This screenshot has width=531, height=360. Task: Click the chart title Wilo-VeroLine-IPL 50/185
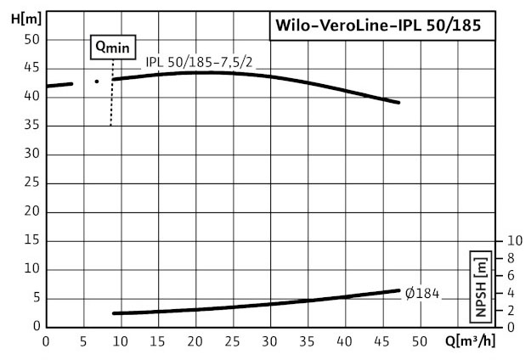pyautogui.click(x=378, y=25)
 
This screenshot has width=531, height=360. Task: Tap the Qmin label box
pyautogui.click(x=113, y=47)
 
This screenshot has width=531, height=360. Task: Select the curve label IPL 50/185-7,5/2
pyautogui.click(x=199, y=62)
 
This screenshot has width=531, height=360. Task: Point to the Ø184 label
pyautogui.click(x=422, y=293)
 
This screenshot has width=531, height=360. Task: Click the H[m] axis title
pyautogui.click(x=26, y=19)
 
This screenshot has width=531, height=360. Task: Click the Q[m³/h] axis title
pyautogui.click(x=470, y=341)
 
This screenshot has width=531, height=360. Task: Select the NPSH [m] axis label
pyautogui.click(x=481, y=287)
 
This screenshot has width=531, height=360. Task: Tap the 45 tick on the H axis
pyautogui.click(x=32, y=68)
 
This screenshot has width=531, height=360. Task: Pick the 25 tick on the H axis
pyautogui.click(x=32, y=183)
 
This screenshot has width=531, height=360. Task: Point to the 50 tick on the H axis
pyautogui.click(x=32, y=40)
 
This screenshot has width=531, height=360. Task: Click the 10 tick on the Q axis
pyautogui.click(x=121, y=341)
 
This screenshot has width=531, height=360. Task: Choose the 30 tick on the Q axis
pyautogui.click(x=269, y=341)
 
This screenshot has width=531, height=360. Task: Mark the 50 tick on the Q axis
pyautogui.click(x=419, y=341)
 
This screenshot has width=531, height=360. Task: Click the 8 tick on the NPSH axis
pyautogui.click(x=511, y=258)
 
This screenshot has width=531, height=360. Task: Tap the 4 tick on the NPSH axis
pyautogui.click(x=511, y=293)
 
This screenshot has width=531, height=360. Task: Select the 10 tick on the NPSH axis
pyautogui.click(x=515, y=240)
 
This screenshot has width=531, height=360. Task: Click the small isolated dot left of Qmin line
pyautogui.click(x=97, y=82)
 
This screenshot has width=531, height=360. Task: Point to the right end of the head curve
pyautogui.click(x=398, y=102)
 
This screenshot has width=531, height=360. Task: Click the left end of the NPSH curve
pyautogui.click(x=114, y=313)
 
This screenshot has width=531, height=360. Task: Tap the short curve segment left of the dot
pyautogui.click(x=59, y=85)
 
